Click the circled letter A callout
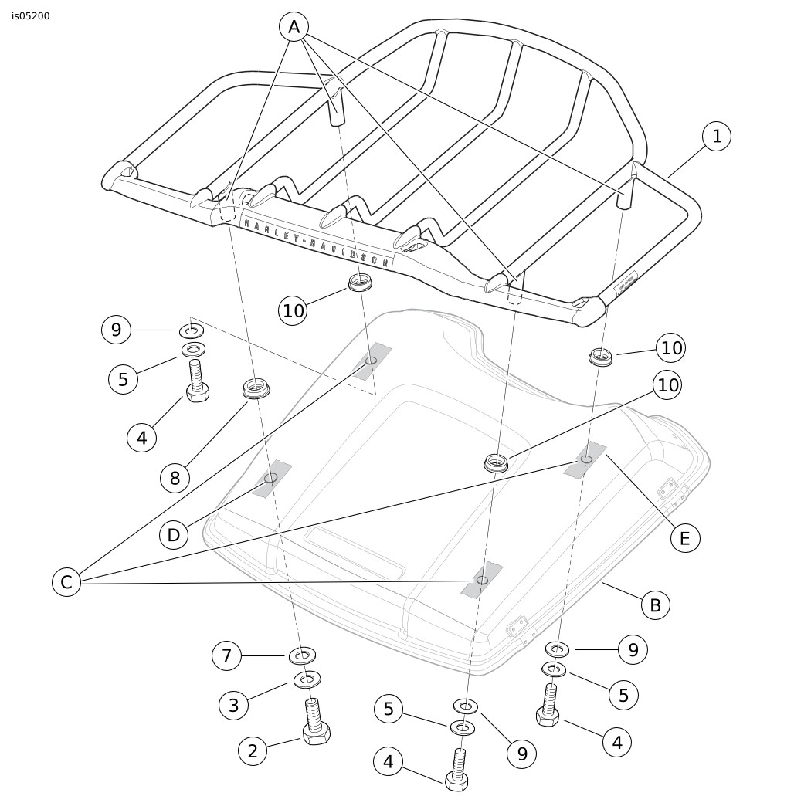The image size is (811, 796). point(294,28)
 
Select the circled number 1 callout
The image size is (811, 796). point(717,137)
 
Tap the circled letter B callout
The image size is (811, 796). point(655,605)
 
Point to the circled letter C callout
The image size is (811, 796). point(66,582)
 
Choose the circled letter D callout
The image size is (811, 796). point(174,534)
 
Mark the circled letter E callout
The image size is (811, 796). point(684,537)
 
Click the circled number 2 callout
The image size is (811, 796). point(253,750)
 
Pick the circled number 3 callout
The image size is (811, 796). point(234,704)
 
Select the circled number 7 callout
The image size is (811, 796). point(226,656)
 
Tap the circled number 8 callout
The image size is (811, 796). point(175,478)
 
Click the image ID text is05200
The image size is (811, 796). point(31,15)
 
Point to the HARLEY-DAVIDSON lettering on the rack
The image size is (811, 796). point(317,241)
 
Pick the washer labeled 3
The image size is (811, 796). point(307,679)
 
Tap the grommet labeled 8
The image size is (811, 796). point(256,389)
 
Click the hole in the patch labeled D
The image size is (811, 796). point(270,478)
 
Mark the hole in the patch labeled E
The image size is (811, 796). point(586,459)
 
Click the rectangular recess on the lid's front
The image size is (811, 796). point(355,554)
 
